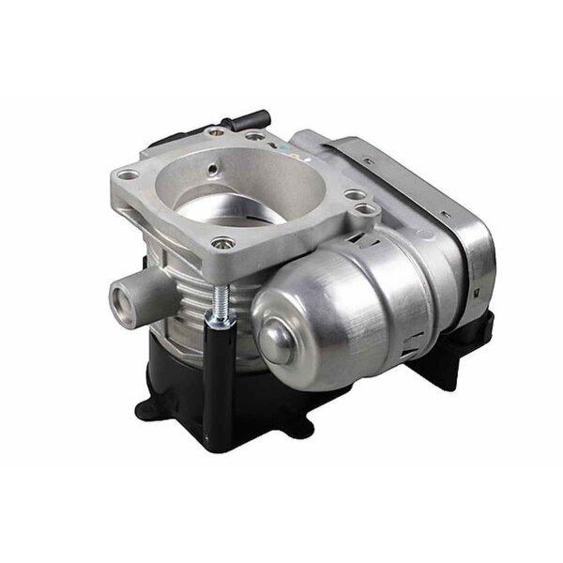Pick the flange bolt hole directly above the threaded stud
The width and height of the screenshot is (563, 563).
pyautogui.click(x=223, y=245)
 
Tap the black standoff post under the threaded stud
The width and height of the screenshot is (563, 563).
pyautogui.click(x=221, y=375)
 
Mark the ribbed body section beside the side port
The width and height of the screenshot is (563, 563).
pyautogui.click(x=178, y=310)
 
